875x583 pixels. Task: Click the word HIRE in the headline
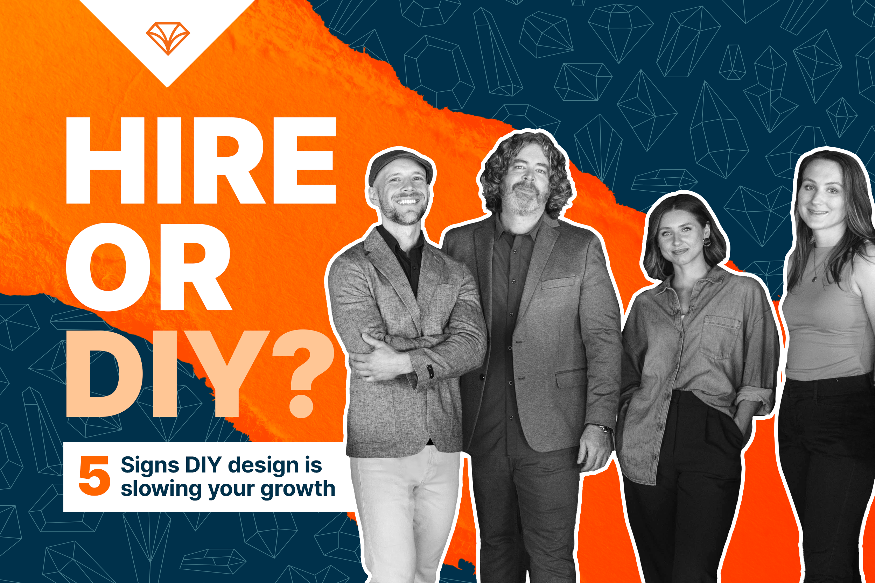tap(201, 161)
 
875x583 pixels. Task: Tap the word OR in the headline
tap(149, 267)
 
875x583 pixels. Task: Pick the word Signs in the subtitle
tap(150, 465)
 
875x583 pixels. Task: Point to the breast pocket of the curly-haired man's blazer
tap(558, 283)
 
